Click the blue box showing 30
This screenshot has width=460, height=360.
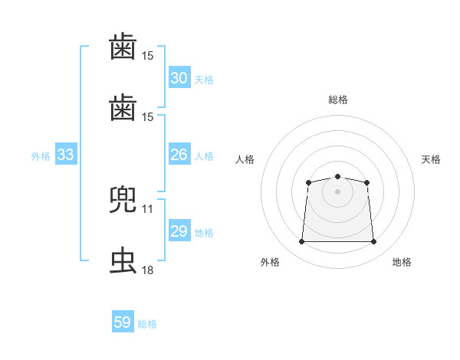[x=179, y=77]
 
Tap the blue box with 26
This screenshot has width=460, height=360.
[x=179, y=154]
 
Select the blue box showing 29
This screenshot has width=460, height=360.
[x=179, y=230]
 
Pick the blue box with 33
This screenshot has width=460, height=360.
[x=66, y=154]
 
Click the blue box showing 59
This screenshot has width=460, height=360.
[x=123, y=321]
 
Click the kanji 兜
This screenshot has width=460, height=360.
[x=123, y=199]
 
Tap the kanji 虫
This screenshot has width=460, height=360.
[x=123, y=260]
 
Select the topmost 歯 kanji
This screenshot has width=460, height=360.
[x=123, y=46]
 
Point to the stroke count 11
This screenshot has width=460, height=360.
[x=147, y=209]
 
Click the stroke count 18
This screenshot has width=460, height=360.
[x=147, y=270]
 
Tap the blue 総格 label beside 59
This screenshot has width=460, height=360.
[x=147, y=324]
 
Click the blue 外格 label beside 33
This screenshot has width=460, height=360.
[x=41, y=156]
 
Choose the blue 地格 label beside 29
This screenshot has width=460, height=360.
[x=204, y=233]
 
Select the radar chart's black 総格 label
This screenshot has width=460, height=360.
[x=338, y=100]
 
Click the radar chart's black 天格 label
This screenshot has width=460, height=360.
[x=431, y=159]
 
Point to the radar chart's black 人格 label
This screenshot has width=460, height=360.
[x=245, y=159]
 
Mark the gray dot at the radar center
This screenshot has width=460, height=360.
[x=337, y=191]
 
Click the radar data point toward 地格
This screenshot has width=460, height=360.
[x=373, y=241]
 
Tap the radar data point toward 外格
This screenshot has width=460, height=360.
[x=301, y=241]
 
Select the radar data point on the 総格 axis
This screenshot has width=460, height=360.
[x=337, y=176]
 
